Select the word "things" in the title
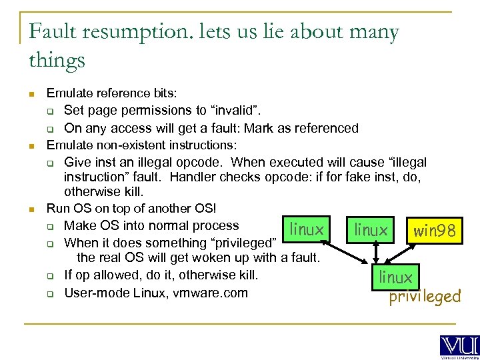57,61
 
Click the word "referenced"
324,127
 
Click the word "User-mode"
94,293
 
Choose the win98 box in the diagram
434,231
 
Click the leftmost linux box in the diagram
307,229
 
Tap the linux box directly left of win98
371,231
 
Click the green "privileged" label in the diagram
425,296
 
